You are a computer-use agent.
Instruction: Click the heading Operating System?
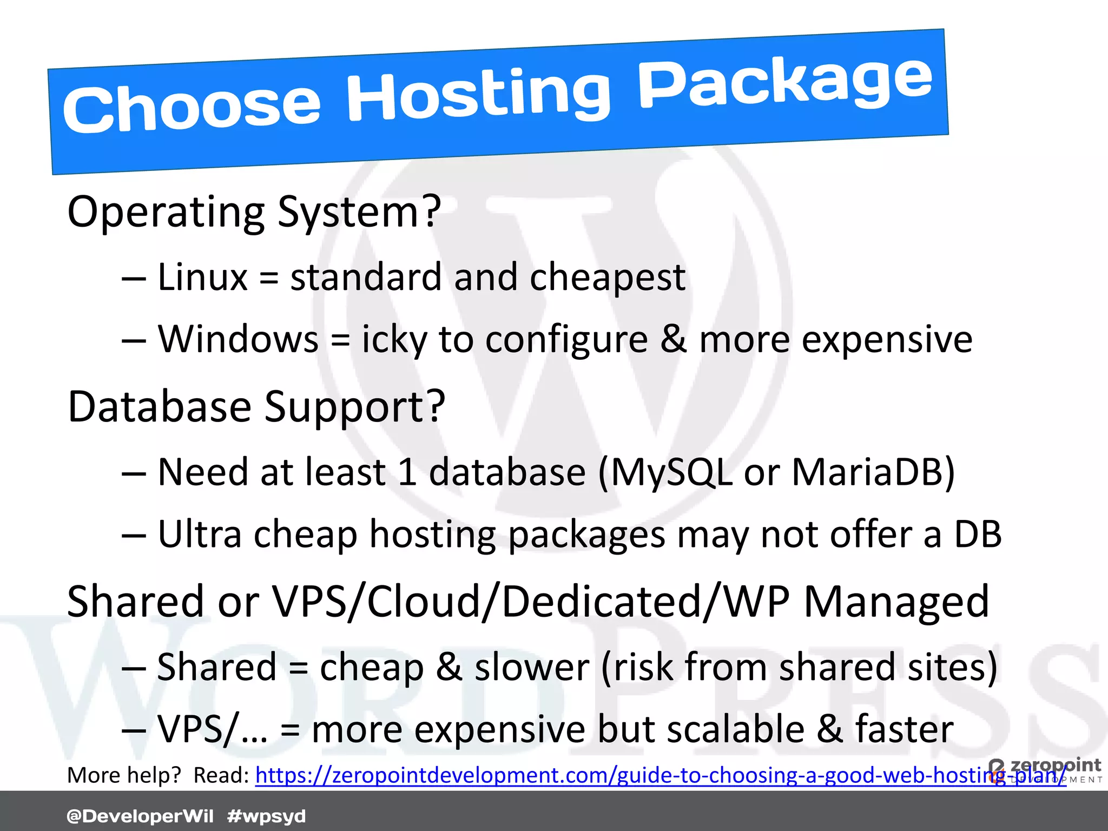tap(254, 212)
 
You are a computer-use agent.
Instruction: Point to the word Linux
tap(202, 277)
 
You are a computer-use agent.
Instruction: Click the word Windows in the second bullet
tap(238, 339)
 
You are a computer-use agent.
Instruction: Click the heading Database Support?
tap(256, 407)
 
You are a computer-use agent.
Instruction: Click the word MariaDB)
tap(873, 472)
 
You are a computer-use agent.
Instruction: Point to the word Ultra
tap(199, 535)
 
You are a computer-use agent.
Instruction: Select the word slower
tap(532, 667)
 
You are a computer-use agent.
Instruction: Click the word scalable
tap(736, 729)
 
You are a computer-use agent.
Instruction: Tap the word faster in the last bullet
tap(904, 729)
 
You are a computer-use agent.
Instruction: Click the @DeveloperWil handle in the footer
tap(140, 816)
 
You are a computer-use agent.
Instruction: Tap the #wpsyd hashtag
tap(267, 816)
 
